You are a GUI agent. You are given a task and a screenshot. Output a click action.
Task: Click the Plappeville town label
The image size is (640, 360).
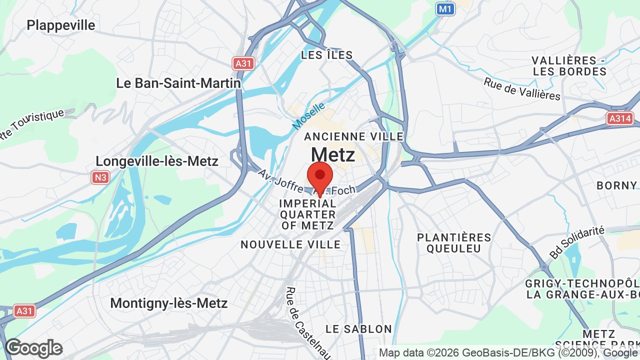tap(61, 25)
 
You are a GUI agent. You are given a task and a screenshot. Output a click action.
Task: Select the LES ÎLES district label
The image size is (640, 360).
tap(327, 55)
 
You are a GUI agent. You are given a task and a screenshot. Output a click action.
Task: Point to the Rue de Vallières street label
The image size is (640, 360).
tap(522, 88)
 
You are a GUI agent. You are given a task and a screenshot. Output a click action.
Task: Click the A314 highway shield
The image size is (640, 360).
tap(620, 118)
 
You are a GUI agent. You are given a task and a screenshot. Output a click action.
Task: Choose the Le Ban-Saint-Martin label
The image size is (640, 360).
tap(178, 83)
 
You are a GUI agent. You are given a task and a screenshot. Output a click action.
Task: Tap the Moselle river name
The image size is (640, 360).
tap(309, 115)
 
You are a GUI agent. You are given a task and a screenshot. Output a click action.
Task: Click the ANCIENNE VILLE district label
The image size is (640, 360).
tap(353, 136)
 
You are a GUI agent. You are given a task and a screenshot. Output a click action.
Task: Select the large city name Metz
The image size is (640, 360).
tap(333, 154)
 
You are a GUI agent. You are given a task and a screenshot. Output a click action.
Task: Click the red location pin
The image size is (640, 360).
tap(320, 176)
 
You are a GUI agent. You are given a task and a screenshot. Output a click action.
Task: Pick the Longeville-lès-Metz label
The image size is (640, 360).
tap(157, 161)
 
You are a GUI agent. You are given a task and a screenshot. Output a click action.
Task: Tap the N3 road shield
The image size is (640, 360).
tap(100, 177)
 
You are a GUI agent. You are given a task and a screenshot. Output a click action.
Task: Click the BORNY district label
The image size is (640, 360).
tap(616, 185)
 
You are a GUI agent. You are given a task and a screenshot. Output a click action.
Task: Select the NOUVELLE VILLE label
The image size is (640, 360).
tap(290, 244)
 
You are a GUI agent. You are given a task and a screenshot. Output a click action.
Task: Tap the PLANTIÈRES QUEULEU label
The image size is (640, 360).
tap(454, 242)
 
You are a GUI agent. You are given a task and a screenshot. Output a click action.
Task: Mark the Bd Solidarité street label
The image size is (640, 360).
tap(577, 242)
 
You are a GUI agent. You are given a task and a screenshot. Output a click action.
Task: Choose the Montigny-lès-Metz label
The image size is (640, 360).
tap(169, 303)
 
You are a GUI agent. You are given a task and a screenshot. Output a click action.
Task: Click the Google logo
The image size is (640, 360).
tap(34, 348)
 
